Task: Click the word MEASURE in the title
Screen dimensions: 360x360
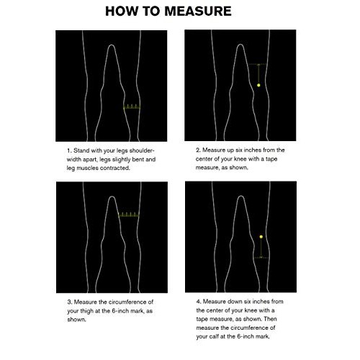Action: coord(198,11)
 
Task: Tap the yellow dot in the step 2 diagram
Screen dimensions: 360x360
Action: coord(258,85)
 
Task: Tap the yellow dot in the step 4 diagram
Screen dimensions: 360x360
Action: coord(261,237)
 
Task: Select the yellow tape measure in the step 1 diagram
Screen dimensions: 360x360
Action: coord(132,107)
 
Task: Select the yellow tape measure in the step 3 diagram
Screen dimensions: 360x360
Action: coord(129,215)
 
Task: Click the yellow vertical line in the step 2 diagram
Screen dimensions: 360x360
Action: coord(258,74)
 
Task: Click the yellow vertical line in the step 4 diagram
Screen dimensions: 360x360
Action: coord(261,248)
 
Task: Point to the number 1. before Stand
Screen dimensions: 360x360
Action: coord(69,150)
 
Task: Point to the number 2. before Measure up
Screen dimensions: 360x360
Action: coord(198,150)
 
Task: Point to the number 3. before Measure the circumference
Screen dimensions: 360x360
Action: coord(70,302)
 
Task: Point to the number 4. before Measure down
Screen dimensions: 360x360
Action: coord(199,302)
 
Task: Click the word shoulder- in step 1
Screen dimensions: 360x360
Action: coord(142,150)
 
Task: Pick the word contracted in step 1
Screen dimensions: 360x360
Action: coord(114,168)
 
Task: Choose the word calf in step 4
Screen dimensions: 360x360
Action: coord(214,336)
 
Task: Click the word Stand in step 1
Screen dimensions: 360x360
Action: coord(81,150)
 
